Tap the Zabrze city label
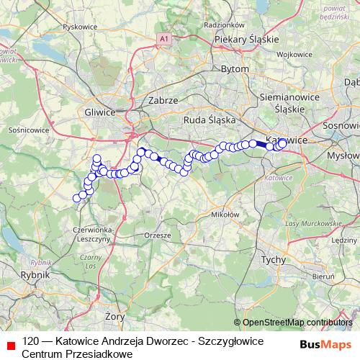click(x=162, y=101)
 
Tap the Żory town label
click(x=114, y=316)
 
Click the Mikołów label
click(x=225, y=215)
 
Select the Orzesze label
click(x=158, y=235)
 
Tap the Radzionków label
click(x=220, y=25)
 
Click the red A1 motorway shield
click(x=164, y=37)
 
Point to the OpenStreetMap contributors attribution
click(x=293, y=323)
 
